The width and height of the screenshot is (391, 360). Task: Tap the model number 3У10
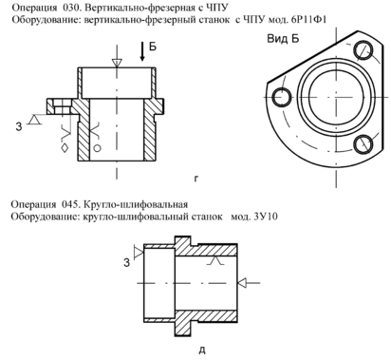point(266,217)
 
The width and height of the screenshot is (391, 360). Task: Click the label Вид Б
point(283,39)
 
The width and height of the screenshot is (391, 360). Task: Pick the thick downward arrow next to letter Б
point(142,51)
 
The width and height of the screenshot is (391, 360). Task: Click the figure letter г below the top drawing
point(196,180)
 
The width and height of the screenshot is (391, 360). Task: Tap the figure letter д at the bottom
point(202,351)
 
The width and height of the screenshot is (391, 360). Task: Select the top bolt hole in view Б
point(363,50)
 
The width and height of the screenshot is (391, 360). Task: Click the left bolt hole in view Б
point(282,97)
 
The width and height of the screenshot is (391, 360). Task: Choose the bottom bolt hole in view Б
point(363,144)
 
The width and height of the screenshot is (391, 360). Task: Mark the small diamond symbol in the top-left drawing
point(65,147)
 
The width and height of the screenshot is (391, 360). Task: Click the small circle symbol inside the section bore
point(98,148)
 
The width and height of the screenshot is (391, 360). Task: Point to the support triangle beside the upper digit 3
point(35,120)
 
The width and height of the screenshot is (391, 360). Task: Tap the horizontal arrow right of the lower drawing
point(249,282)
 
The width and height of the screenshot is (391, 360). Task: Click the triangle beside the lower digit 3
point(139,252)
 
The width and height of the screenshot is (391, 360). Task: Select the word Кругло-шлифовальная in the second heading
point(136,204)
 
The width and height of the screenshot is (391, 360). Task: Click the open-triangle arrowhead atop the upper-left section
point(117,63)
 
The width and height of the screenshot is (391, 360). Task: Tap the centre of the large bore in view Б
point(336,97)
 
